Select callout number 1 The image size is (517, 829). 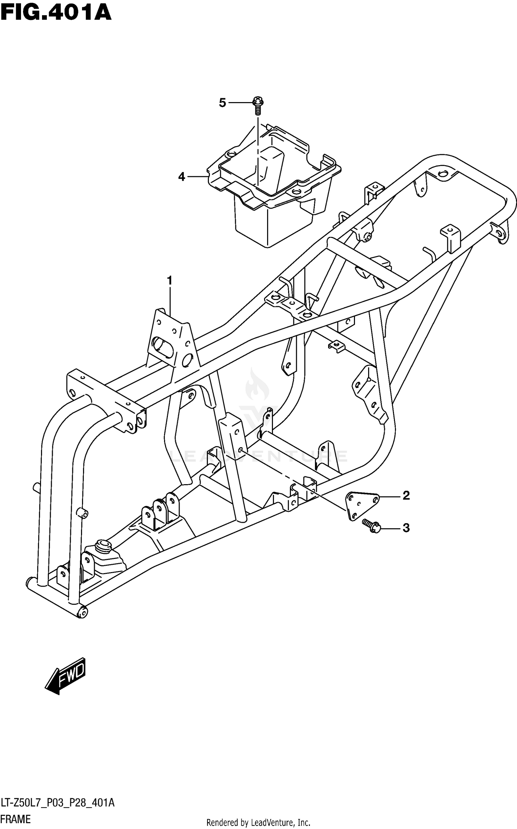tap(170, 281)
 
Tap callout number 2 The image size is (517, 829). tap(406, 496)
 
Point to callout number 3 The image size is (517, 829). tap(406, 528)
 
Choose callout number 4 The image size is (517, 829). tap(182, 177)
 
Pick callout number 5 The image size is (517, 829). tap(223, 102)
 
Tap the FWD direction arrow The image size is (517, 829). tap(66, 676)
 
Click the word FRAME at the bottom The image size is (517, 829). tap(16, 819)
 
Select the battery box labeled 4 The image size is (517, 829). tap(272, 193)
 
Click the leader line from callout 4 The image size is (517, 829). tap(197, 177)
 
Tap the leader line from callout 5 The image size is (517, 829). tap(240, 102)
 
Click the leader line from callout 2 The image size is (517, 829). tap(389, 497)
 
